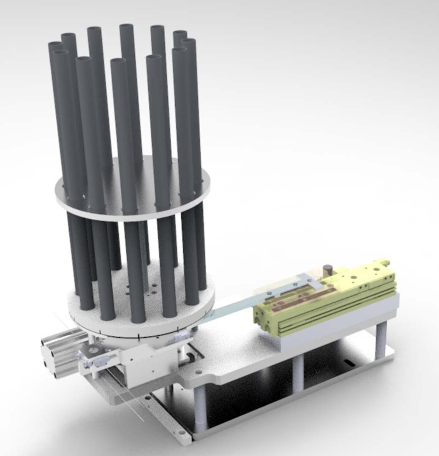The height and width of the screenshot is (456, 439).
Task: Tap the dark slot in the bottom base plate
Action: coord(349,362)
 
